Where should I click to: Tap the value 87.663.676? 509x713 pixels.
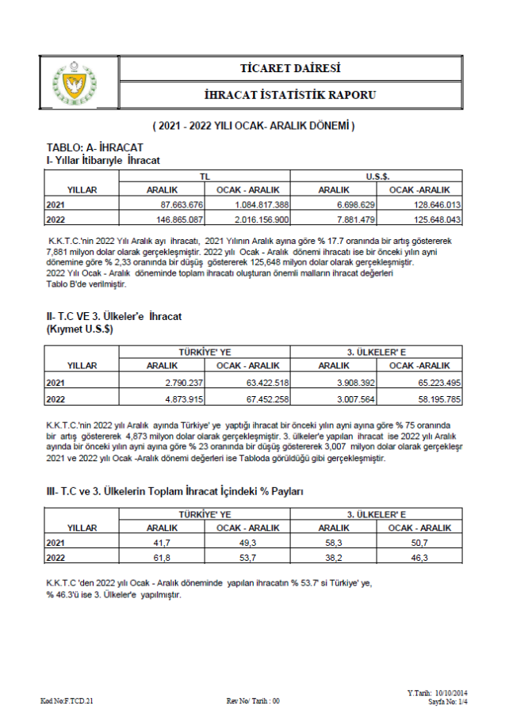182,204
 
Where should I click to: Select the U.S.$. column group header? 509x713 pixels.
377,177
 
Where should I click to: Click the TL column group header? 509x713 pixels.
205,177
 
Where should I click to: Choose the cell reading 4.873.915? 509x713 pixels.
182,398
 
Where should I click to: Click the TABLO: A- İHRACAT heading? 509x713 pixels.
95,147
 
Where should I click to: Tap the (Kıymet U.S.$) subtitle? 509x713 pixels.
79,329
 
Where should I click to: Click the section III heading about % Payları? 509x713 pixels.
174,492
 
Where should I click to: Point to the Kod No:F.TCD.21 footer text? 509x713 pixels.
67,701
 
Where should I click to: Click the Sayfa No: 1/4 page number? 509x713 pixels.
448,702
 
